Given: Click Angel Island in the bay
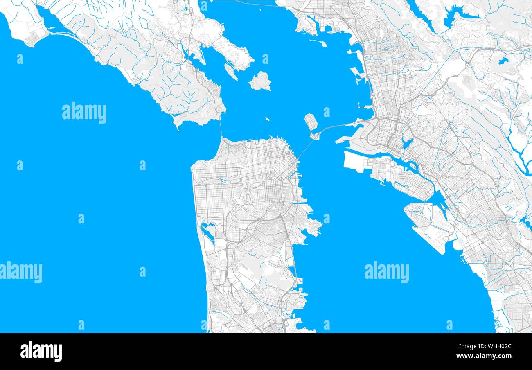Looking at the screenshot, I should tap(260, 81).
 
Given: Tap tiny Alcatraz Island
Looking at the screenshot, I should tap(267, 120).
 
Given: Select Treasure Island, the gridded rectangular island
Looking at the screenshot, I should tap(311, 121).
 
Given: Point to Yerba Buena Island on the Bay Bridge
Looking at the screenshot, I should tap(314, 135).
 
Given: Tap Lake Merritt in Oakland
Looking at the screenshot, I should tap(406, 143).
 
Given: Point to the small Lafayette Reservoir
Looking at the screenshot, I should tap(503, 61).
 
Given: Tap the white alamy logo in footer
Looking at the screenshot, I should tap(41, 352).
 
